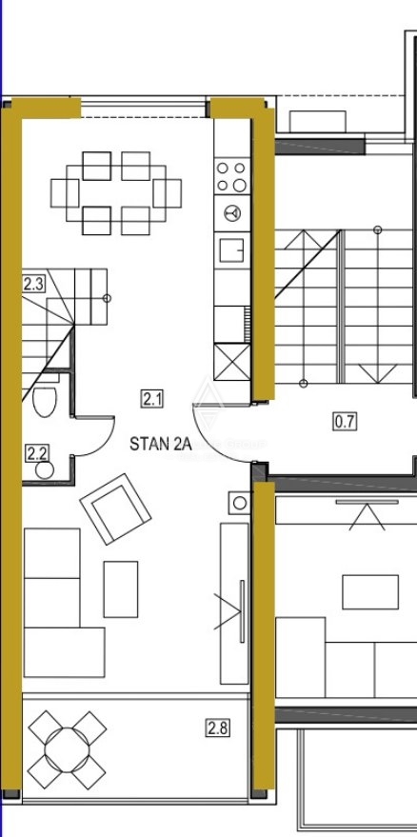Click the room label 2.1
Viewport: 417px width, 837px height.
(152, 399)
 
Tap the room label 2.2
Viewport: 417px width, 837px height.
(37, 453)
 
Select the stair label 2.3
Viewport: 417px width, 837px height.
(33, 284)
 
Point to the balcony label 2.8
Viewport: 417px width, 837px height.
(218, 728)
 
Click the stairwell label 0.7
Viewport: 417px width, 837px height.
(345, 422)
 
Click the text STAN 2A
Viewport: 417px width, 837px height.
(161, 444)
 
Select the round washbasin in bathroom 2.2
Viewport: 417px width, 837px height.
(45, 469)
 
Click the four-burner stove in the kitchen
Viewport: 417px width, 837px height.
(231, 176)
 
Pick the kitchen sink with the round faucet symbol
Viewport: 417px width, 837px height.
(231, 213)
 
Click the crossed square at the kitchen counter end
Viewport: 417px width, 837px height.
(231, 362)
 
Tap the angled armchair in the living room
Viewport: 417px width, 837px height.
(115, 508)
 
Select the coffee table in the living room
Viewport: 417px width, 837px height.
(121, 588)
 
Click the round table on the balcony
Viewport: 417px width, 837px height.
(67, 749)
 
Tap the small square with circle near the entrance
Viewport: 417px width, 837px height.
(239, 503)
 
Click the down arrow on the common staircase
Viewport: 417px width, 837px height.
(377, 373)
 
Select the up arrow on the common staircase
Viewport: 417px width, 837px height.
(303, 240)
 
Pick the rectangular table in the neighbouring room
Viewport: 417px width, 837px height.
(370, 592)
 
